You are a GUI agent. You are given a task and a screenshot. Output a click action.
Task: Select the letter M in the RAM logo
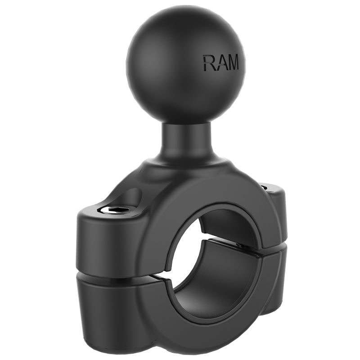point(233,63)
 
